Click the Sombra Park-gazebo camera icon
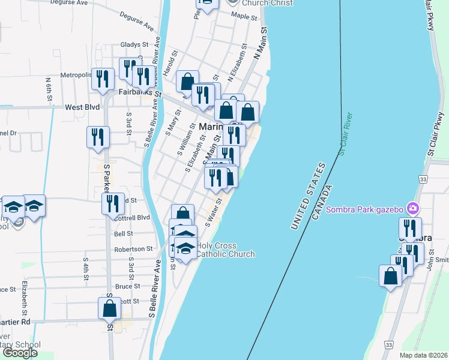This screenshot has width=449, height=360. (x=413, y=209)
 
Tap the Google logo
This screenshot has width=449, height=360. (x=20, y=353)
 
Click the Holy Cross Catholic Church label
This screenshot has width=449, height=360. (x=225, y=250)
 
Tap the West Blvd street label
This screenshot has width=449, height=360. (x=82, y=107)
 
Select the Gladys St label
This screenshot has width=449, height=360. (x=134, y=44)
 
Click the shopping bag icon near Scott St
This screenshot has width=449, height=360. (x=110, y=310)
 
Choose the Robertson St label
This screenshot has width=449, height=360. (x=133, y=248)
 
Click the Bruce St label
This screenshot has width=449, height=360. (x=127, y=287)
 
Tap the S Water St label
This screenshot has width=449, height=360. (x=214, y=212)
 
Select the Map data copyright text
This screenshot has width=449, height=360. (x=423, y=355)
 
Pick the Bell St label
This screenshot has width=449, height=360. (x=123, y=233)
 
